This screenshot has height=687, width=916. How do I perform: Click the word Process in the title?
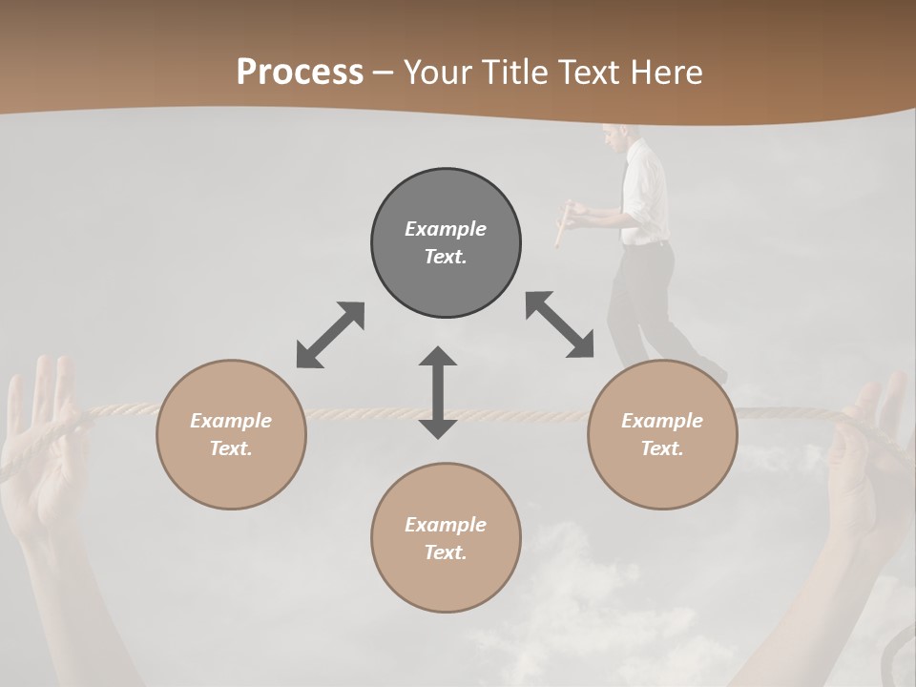tap(300, 72)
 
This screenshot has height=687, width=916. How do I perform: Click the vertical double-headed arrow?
tap(438, 392)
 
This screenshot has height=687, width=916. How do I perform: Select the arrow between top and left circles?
tap(330, 335)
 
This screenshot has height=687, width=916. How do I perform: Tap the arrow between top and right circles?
tap(559, 324)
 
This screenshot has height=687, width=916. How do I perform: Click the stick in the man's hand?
tap(563, 224)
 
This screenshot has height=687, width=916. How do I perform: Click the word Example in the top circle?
tap(446, 229)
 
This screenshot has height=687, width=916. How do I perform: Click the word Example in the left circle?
tap(231, 421)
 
